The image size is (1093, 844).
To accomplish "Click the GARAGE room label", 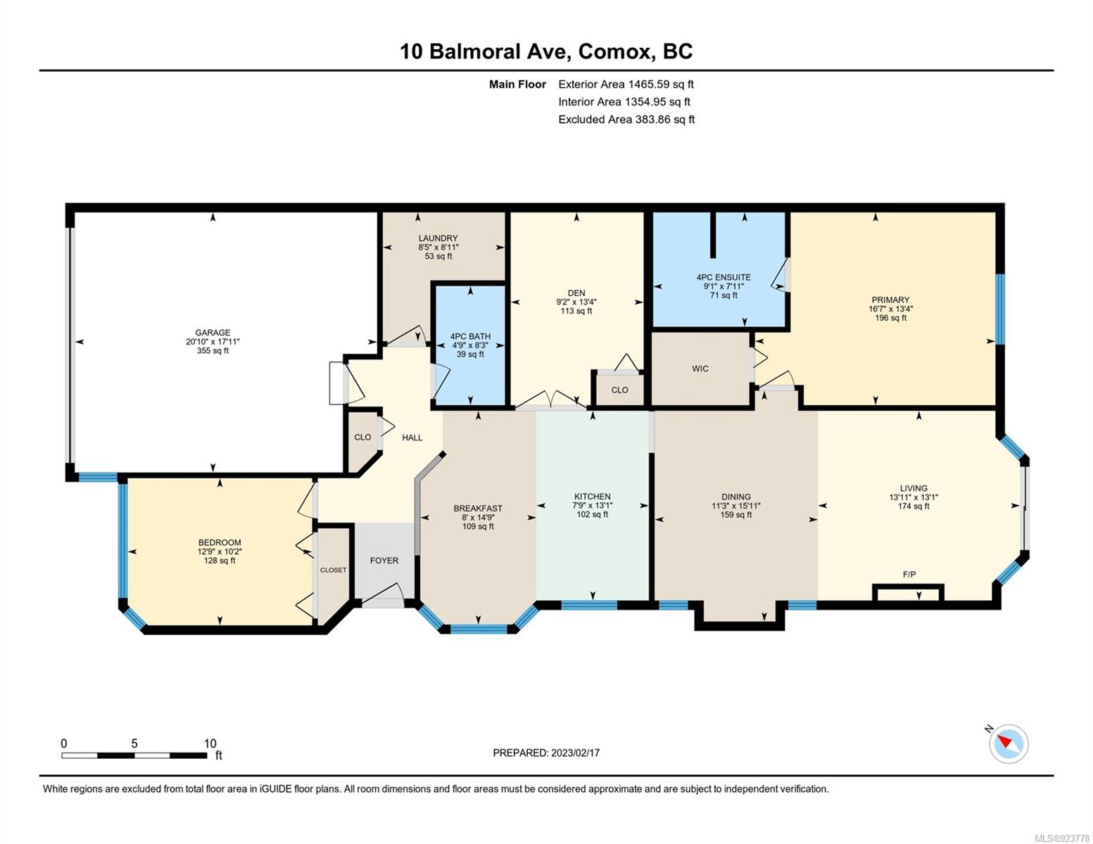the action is click(213, 332).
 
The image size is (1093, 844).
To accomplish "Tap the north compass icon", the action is click(1008, 743).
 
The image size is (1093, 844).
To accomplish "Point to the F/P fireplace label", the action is click(909, 574).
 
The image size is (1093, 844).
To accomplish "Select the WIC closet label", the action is click(700, 369).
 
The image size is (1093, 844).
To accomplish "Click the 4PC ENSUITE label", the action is click(724, 277).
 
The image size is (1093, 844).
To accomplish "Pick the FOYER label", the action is click(384, 561).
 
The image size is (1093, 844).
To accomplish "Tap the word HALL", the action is click(412, 438).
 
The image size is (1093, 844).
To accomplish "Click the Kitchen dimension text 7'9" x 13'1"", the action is click(592, 505).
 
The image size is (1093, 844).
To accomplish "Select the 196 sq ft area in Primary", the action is click(890, 318).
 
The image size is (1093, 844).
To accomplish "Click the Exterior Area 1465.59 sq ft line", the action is click(626, 84).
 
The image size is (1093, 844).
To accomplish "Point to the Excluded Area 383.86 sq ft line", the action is click(626, 120).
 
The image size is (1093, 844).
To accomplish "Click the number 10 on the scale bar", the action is click(210, 743).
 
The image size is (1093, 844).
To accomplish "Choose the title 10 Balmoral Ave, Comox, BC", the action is click(546, 51).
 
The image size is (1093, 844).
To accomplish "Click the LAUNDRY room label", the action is click(438, 238).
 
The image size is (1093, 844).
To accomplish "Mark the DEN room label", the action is click(576, 293).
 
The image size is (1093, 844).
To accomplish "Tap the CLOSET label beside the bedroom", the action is click(333, 570).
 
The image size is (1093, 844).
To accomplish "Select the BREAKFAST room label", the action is click(478, 509).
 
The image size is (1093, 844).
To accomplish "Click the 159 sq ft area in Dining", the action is click(736, 514).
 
